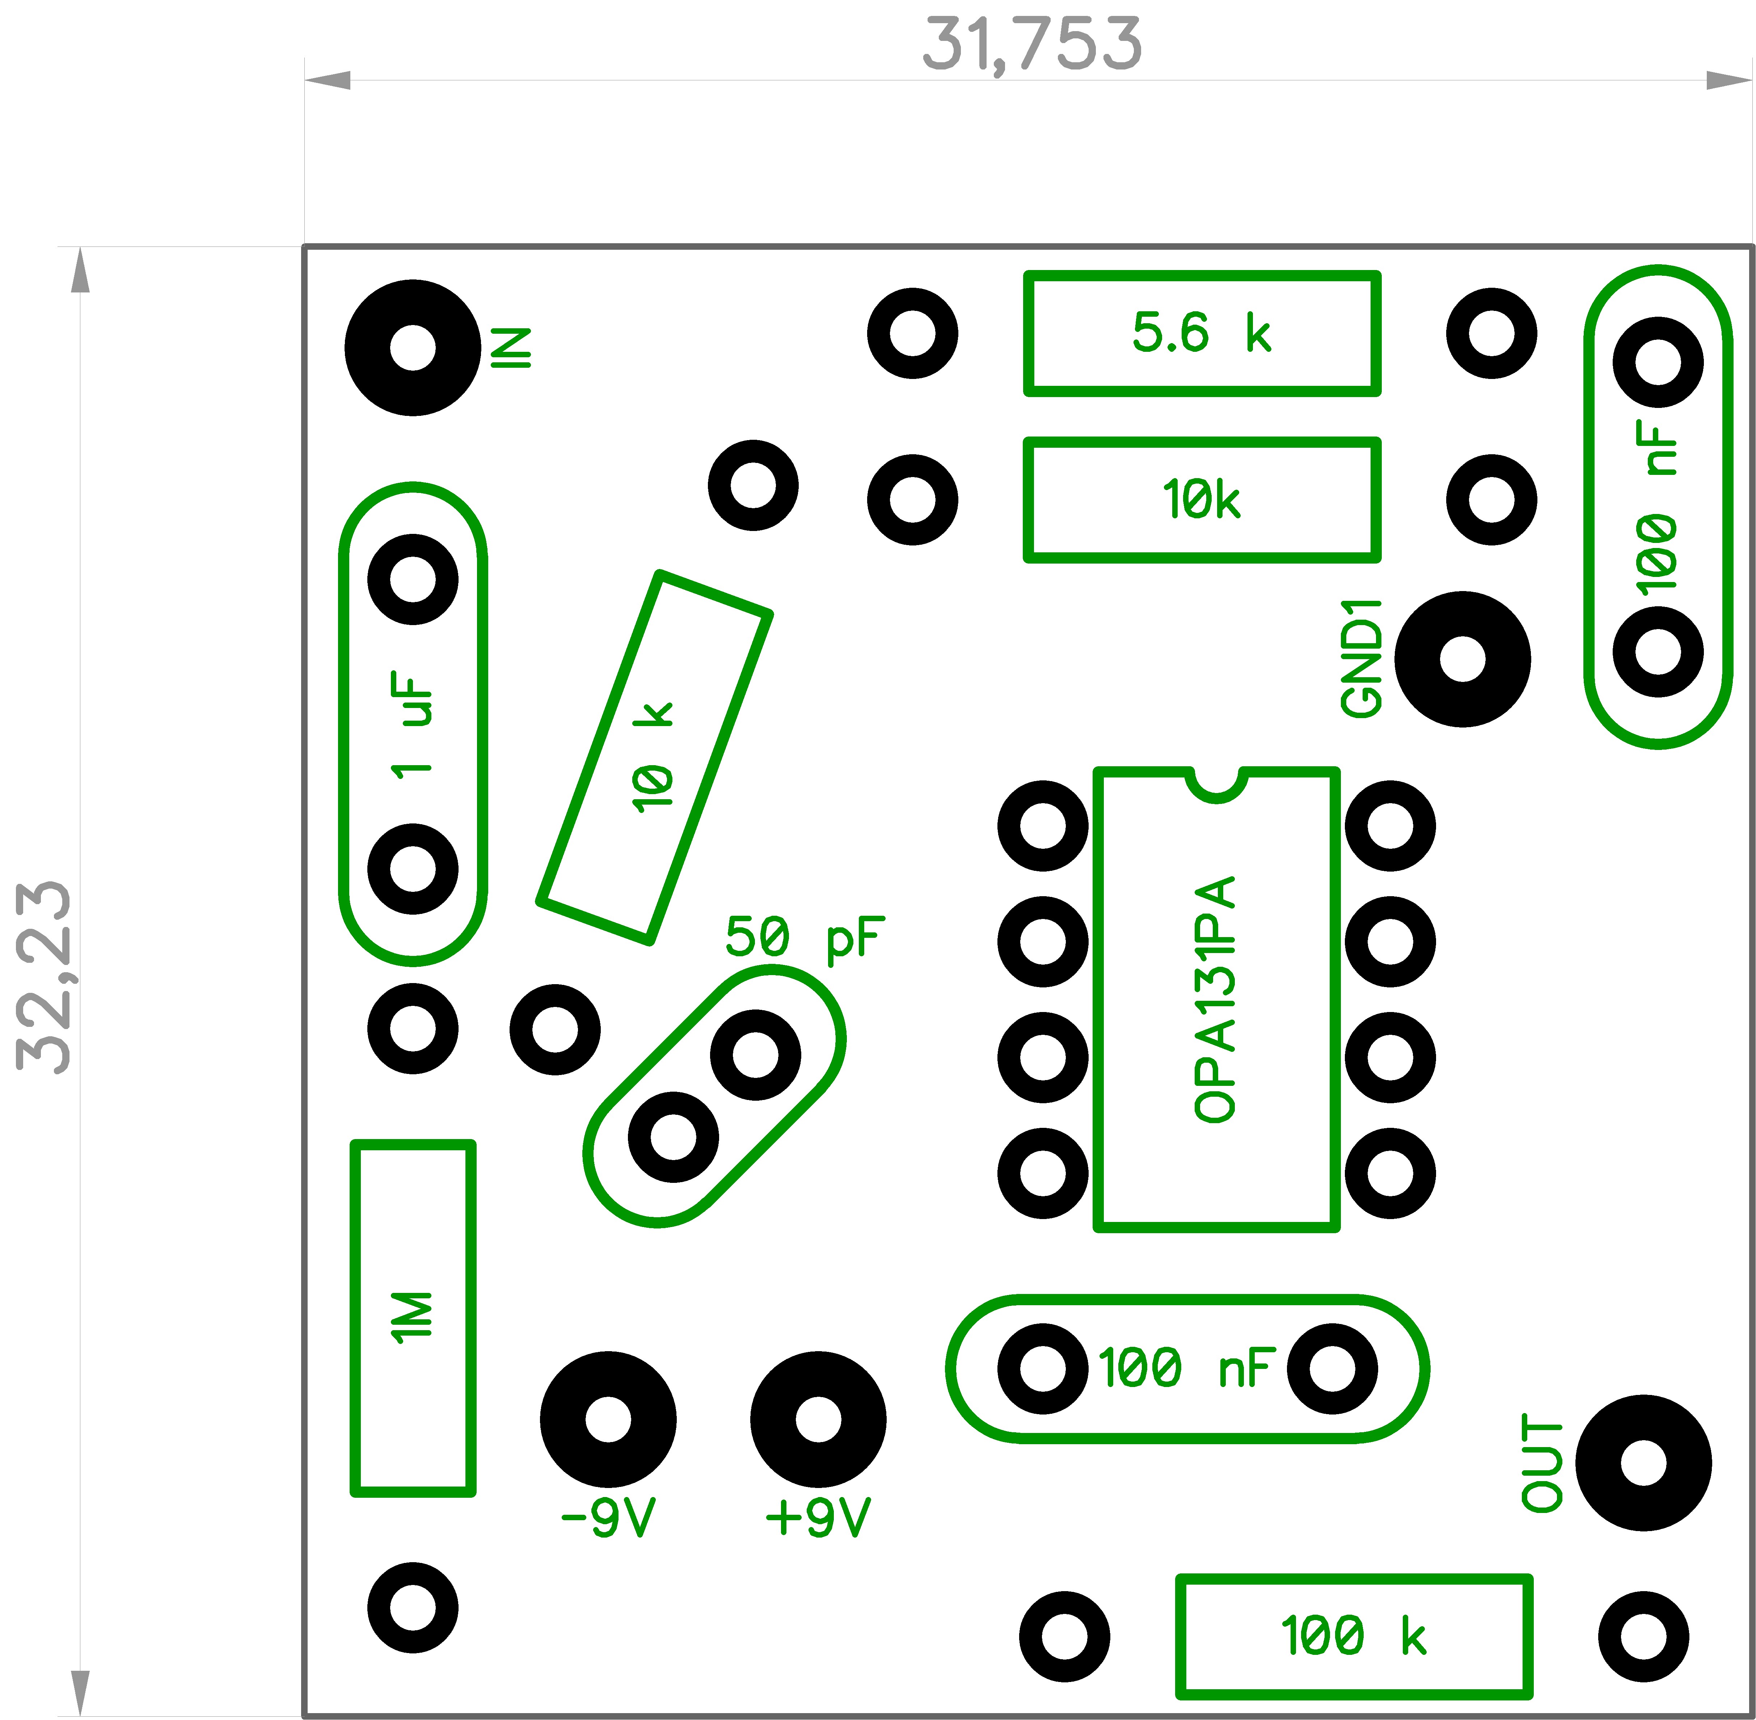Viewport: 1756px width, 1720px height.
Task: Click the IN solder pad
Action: [x=413, y=348]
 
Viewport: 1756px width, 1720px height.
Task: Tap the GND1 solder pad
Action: [x=1462, y=659]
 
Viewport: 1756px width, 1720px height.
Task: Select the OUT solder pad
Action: [x=1643, y=1463]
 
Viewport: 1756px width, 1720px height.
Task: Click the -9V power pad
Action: [x=608, y=1419]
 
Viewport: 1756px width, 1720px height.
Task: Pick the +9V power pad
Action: [x=818, y=1419]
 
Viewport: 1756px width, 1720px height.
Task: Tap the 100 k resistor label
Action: [x=1353, y=1636]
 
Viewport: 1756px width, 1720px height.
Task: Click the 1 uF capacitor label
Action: [x=412, y=725]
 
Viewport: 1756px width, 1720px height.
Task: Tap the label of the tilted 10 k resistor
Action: [x=652, y=757]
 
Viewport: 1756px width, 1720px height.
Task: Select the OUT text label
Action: [x=1542, y=1463]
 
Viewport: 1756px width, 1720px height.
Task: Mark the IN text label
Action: [x=511, y=348]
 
